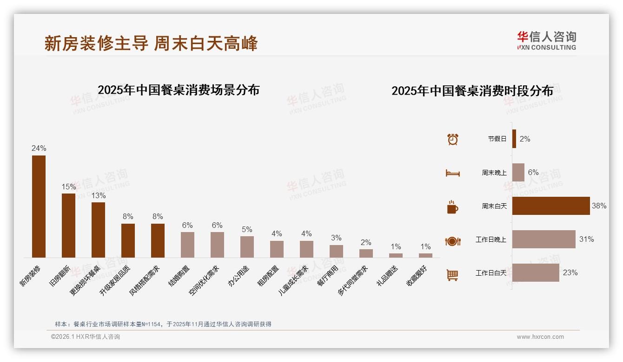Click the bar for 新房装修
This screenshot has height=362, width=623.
pos(39,206)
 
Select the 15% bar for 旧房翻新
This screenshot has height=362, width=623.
pos(68,225)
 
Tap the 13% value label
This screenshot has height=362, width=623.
pos(98,196)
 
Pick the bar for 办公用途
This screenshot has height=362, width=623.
pos(247,246)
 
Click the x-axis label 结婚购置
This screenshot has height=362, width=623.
pos(179,275)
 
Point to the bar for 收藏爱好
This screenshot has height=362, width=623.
pos(425,255)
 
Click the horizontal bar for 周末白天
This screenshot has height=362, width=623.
pos(551,206)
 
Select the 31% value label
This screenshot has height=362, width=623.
pos(586,239)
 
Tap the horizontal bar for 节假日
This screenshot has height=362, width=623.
pos(514,139)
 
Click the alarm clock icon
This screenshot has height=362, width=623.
pos(453,139)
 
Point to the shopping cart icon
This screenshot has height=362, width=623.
pos(452,275)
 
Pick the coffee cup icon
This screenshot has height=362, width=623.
pos(452,207)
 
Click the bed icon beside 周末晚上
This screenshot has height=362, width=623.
pos(452,173)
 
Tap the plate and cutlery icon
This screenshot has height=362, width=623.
pos(452,241)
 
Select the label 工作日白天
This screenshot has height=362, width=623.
pos(490,273)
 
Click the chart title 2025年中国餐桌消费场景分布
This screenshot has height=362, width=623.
pos(179,90)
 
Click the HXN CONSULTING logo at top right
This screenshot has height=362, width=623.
pos(546,41)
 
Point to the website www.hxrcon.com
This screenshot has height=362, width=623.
pos(540,337)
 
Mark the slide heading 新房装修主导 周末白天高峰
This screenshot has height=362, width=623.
pos(151,44)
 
